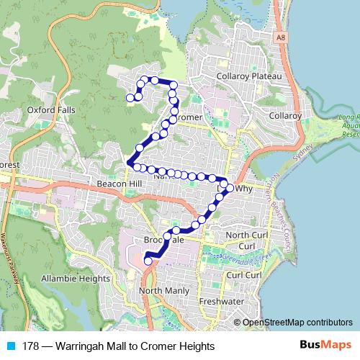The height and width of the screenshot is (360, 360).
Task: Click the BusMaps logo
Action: (325, 346)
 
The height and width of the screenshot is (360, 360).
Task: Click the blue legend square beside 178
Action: (9, 346)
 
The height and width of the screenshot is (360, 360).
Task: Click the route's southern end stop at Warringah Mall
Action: (148, 261)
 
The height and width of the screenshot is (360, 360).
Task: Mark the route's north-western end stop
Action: (130, 98)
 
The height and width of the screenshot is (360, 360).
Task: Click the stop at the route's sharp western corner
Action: (130, 163)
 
